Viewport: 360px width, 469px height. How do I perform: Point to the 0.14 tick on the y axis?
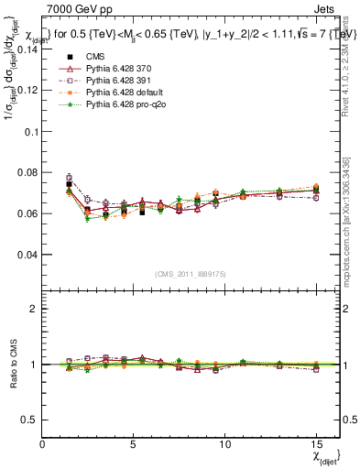29,49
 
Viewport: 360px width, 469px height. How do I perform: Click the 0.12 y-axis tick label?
29,91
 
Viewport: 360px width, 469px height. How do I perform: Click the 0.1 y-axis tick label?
32,132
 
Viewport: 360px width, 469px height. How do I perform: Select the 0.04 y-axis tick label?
29,255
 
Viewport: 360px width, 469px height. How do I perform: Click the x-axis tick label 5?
135,443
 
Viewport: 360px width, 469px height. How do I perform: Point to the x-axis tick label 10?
225,443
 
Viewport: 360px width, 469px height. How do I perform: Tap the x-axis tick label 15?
317,443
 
